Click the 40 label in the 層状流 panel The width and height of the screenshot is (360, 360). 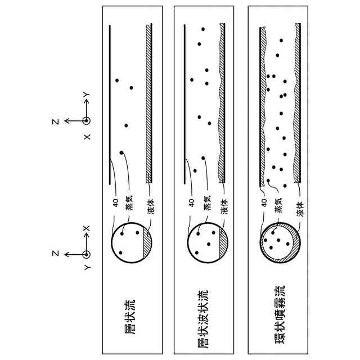click(115, 202)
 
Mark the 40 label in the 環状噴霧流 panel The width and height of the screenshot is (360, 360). click(264, 202)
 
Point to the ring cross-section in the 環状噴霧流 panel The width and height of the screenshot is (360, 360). click(280, 241)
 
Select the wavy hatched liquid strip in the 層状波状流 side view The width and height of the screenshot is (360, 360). click(222, 101)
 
